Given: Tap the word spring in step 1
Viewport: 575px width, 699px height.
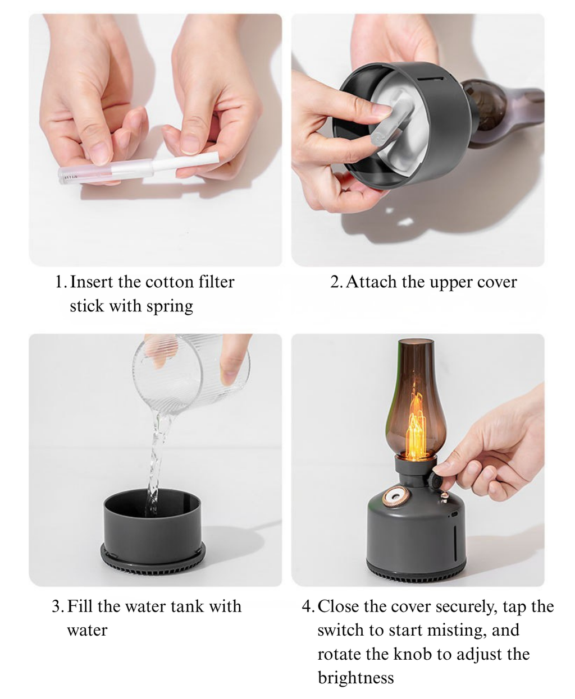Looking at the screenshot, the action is (x=170, y=307).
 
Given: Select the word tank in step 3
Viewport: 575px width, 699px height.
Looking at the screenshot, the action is (x=187, y=606).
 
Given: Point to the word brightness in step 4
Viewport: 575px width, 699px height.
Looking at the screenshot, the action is (x=355, y=678).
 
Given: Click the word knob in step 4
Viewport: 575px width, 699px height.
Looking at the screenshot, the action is (x=413, y=654).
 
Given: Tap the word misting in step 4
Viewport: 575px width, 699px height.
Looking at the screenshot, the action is (x=457, y=631).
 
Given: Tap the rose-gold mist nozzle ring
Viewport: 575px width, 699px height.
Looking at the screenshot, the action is (x=396, y=496).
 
